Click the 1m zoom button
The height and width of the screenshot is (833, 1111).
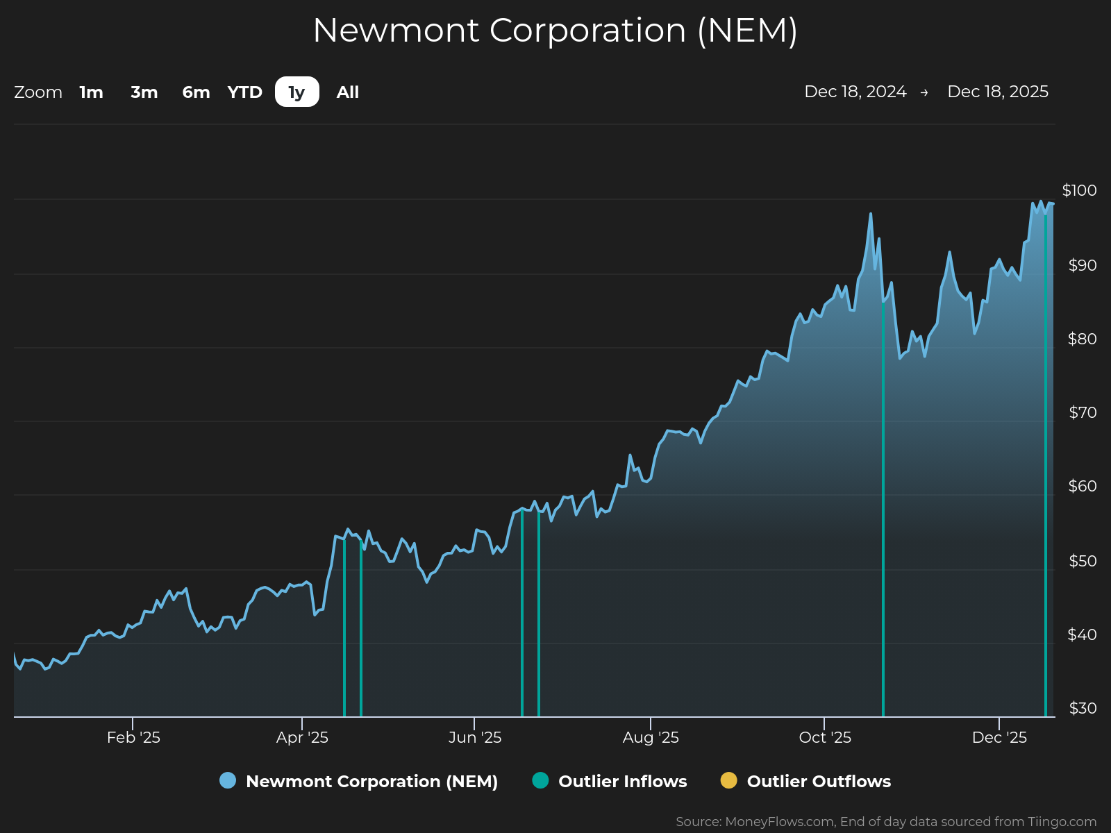pyautogui.click(x=91, y=92)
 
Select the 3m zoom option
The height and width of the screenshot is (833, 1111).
pyautogui.click(x=144, y=92)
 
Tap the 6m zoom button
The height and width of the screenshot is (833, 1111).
pyautogui.click(x=196, y=92)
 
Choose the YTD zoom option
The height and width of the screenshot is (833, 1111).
pyautogui.click(x=245, y=92)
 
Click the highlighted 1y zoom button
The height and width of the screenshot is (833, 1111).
pyautogui.click(x=297, y=92)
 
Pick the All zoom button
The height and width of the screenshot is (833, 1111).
pyautogui.click(x=348, y=92)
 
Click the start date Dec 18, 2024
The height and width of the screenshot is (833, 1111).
pyautogui.click(x=855, y=92)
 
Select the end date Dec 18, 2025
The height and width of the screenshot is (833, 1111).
pyautogui.click(x=998, y=92)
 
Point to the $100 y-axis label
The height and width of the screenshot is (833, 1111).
pyautogui.click(x=1079, y=190)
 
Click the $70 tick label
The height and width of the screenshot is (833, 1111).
pyautogui.click(x=1083, y=413)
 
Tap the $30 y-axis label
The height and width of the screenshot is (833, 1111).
pyautogui.click(x=1083, y=708)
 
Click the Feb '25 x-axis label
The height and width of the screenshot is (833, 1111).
pyautogui.click(x=133, y=737)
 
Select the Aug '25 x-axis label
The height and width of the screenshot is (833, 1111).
pyautogui.click(x=651, y=737)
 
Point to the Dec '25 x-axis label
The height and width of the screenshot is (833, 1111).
pyautogui.click(x=999, y=737)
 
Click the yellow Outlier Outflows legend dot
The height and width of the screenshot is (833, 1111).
pyautogui.click(x=728, y=780)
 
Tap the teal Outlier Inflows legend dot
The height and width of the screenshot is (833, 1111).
pyautogui.click(x=540, y=780)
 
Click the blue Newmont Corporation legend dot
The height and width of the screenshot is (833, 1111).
pyautogui.click(x=228, y=780)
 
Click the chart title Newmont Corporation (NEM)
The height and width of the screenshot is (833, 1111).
pyautogui.click(x=555, y=31)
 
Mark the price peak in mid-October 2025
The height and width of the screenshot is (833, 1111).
pyautogui.click(x=871, y=214)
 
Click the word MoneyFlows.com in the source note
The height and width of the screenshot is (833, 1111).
pyautogui.click(x=779, y=822)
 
